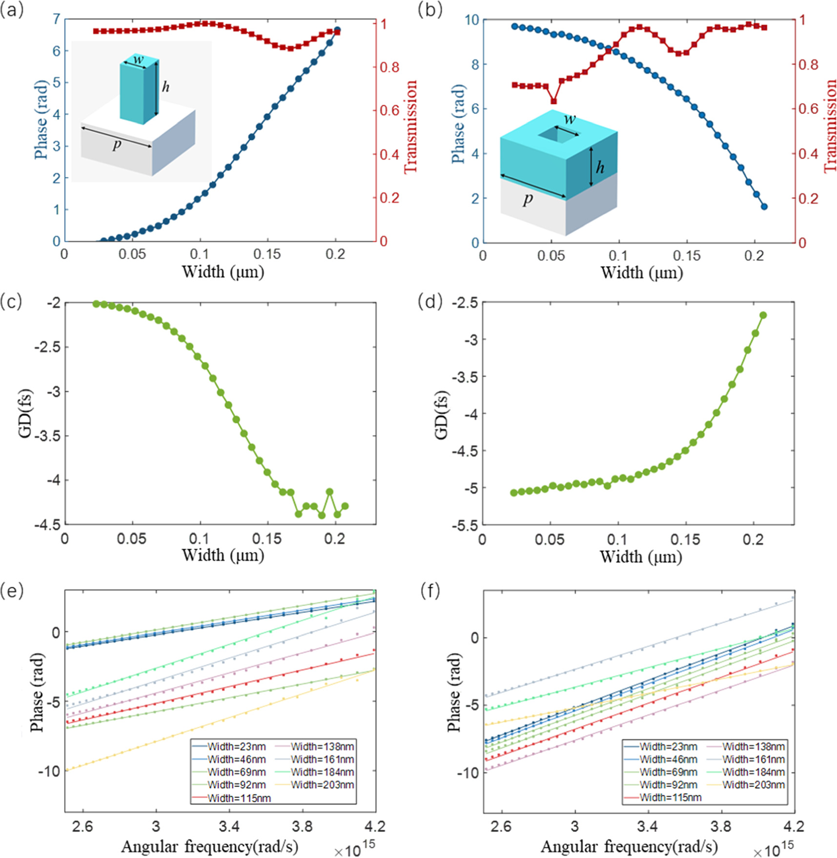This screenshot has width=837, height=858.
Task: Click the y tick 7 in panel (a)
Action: pos(57,20)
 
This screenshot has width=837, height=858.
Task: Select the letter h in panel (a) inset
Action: pos(166,87)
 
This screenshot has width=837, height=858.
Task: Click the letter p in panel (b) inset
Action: pos(528,199)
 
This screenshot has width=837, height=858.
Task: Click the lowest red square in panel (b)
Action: pos(553,101)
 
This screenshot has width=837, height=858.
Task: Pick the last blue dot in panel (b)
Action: pos(764,207)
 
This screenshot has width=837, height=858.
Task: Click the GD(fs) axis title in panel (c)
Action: pos(25,413)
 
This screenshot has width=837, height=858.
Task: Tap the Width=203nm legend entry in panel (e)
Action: pos(322,785)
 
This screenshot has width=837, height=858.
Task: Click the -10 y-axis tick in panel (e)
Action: pos(49,771)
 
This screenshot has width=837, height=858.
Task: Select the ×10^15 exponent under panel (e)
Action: pos(354,850)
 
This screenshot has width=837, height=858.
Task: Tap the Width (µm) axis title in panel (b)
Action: pos(641,272)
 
